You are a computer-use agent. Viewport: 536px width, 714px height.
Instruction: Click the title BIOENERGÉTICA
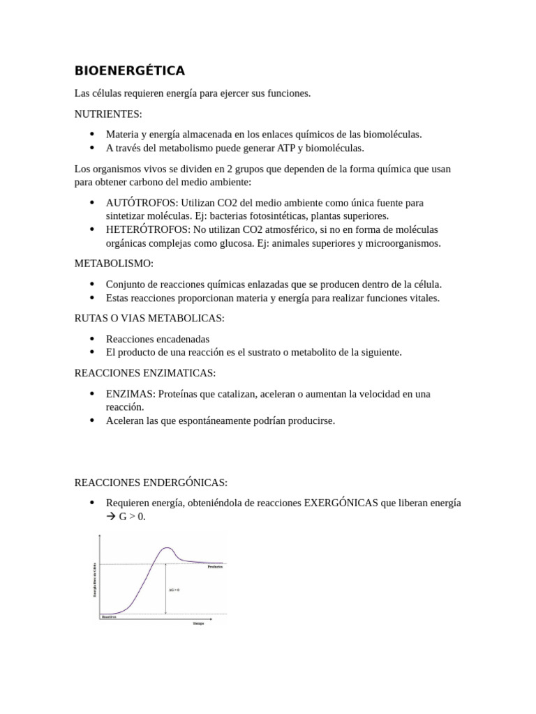pyautogui.click(x=130, y=71)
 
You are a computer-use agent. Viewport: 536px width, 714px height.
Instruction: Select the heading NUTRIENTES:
pyautogui.click(x=108, y=114)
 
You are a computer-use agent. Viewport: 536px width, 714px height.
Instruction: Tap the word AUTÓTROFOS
pyautogui.click(x=138, y=203)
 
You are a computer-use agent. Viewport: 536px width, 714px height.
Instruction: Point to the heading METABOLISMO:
pyautogui.click(x=114, y=264)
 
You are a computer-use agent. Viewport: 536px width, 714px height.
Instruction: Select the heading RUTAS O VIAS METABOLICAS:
pyautogui.click(x=149, y=318)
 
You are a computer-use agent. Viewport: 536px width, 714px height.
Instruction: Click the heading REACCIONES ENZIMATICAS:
pyautogui.click(x=145, y=372)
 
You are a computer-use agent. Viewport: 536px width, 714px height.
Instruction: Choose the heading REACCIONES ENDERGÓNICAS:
pyautogui.click(x=151, y=483)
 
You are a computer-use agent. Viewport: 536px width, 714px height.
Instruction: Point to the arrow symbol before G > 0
pyautogui.click(x=112, y=517)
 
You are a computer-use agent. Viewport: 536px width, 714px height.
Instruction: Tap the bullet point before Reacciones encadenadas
pyautogui.click(x=92, y=339)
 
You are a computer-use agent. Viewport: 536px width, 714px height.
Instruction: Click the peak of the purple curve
pyautogui.click(x=167, y=548)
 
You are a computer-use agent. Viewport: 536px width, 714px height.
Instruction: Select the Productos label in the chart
pyautogui.click(x=215, y=568)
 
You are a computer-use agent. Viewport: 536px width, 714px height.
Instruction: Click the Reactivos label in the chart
pyautogui.click(x=108, y=617)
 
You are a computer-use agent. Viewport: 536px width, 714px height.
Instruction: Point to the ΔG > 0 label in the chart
pyautogui.click(x=174, y=590)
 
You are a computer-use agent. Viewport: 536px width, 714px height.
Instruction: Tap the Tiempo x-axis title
pyautogui.click(x=198, y=623)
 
